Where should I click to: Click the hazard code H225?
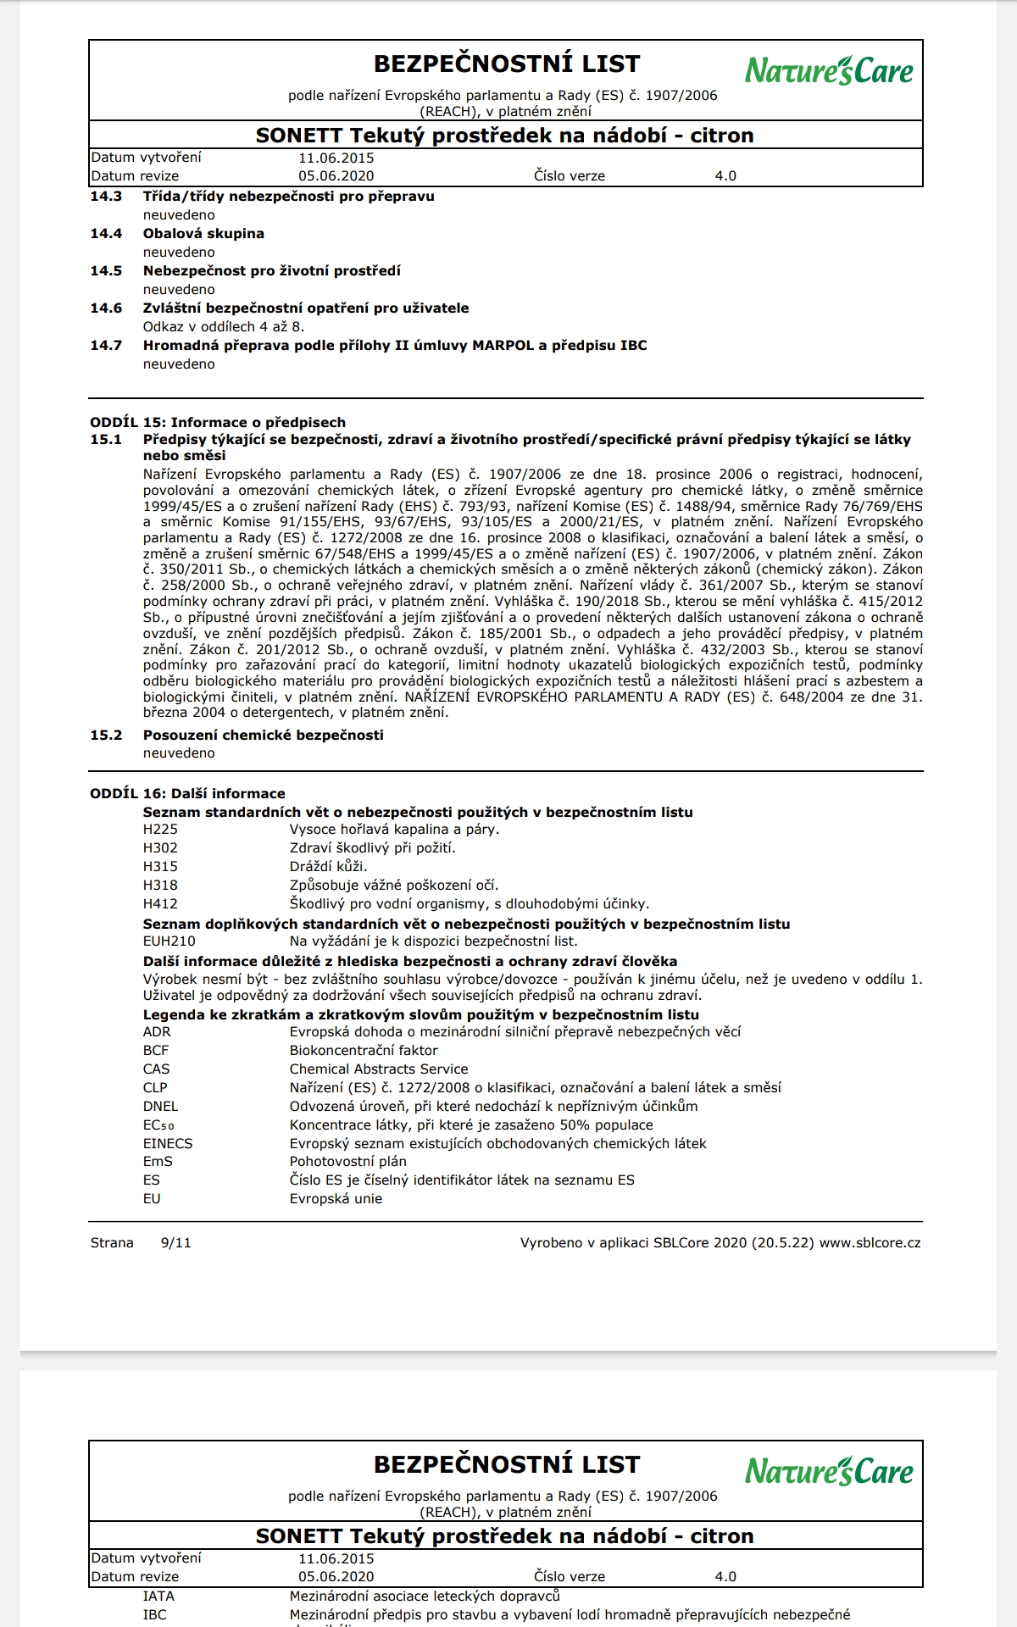[x=160, y=830]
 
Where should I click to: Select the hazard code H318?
[x=160, y=886]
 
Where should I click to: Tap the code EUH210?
[x=169, y=941]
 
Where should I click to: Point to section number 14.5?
[x=106, y=271]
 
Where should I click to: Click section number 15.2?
[x=106, y=736]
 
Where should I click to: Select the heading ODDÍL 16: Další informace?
[x=187, y=794]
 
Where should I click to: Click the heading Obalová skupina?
[x=203, y=234]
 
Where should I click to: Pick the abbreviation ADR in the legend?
[x=157, y=1032]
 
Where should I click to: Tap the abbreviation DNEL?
[x=160, y=1107]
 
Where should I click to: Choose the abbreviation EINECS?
[x=168, y=1144]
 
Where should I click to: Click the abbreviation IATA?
[x=158, y=1596]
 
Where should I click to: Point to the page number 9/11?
[x=175, y=1243]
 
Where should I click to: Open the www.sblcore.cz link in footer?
[x=870, y=1243]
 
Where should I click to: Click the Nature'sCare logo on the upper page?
[x=829, y=70]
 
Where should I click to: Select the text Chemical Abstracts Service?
[x=379, y=1069]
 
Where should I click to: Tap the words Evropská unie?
[x=336, y=1199]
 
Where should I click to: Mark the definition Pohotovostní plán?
[x=347, y=1162]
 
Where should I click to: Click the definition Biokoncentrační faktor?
[x=364, y=1051]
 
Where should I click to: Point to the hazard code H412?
[x=160, y=904]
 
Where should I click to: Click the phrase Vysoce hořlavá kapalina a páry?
[x=394, y=830]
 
